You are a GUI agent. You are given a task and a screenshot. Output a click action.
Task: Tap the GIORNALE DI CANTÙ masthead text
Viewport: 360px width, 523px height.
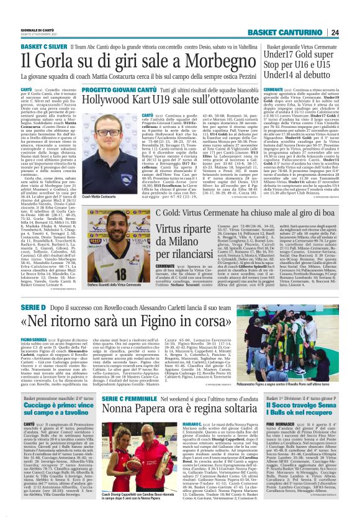35,30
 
